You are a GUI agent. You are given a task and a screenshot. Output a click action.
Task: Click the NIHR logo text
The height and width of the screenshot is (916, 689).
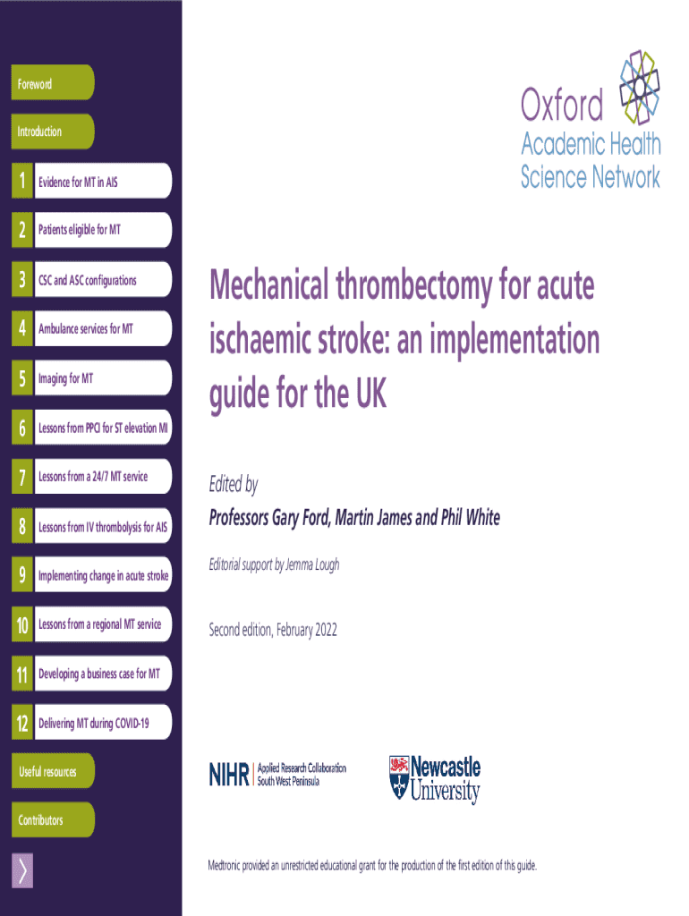229,774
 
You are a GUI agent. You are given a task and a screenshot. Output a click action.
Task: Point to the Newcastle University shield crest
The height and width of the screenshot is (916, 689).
399,776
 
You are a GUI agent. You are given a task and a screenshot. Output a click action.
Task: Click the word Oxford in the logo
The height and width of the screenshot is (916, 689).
562,106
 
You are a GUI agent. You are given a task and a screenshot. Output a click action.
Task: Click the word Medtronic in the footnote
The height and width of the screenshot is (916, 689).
230,865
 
